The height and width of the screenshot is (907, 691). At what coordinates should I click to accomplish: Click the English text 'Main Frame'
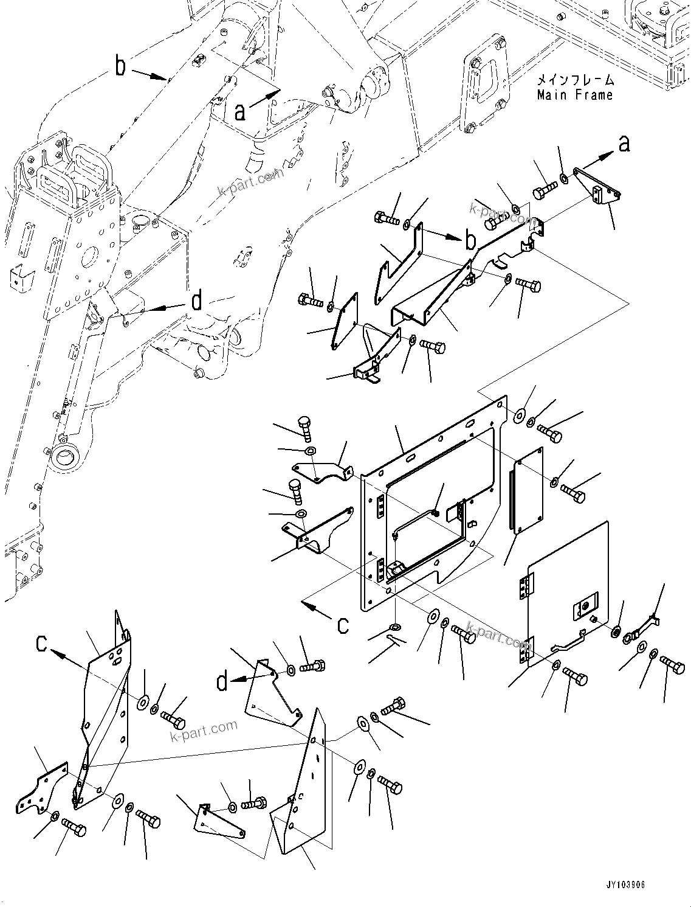[574, 95]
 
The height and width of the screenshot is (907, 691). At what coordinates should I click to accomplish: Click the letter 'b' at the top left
[121, 66]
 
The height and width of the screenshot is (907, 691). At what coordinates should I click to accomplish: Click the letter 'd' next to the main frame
[196, 301]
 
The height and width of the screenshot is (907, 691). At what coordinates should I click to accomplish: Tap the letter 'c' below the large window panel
[343, 625]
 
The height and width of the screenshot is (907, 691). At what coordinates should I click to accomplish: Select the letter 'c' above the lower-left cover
[41, 643]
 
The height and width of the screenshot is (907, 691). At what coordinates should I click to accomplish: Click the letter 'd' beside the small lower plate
[222, 682]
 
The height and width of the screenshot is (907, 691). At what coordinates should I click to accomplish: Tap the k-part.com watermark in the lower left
[204, 729]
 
